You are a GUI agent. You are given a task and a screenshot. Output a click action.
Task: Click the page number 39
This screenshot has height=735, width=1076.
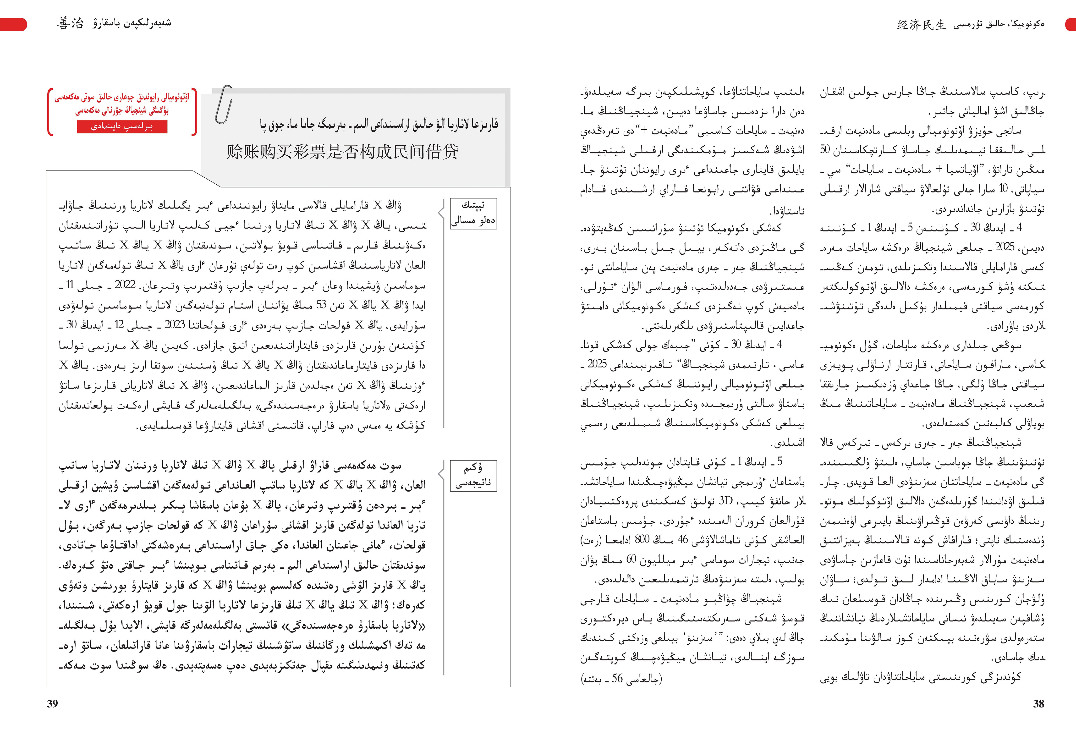[x=52, y=703]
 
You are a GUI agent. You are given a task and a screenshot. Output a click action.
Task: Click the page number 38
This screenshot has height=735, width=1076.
[x=1038, y=703]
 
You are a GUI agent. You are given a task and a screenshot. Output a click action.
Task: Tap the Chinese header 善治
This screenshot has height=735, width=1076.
[x=70, y=23]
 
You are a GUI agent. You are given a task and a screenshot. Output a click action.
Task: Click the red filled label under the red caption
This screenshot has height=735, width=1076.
[x=122, y=126]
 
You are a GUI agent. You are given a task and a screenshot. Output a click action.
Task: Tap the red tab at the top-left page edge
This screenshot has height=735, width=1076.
[x=13, y=24]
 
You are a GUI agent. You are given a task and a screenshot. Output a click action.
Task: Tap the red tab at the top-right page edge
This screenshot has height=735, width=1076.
[x=1071, y=24]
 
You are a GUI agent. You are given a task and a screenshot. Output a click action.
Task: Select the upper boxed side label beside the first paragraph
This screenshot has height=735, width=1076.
[x=473, y=213]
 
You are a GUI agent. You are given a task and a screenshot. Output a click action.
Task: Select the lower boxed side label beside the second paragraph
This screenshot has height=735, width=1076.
[x=473, y=475]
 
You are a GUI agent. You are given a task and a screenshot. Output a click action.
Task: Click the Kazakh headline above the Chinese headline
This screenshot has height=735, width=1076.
[x=379, y=124]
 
